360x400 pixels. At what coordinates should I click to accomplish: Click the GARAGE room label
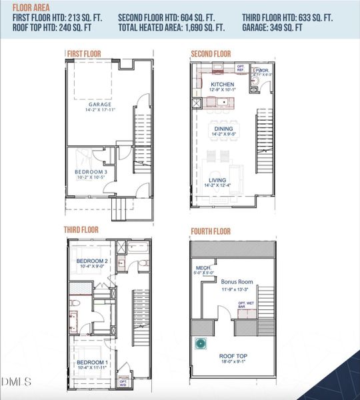pyautogui.click(x=99, y=105)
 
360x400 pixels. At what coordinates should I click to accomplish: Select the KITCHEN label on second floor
pyautogui.click(x=223, y=85)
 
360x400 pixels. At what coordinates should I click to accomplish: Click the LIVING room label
pyautogui.click(x=218, y=180)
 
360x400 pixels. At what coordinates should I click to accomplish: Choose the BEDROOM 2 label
pyautogui.click(x=92, y=261)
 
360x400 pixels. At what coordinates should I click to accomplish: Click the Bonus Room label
pyautogui.click(x=234, y=282)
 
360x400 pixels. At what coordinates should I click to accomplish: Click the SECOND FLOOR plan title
pyautogui.click(x=211, y=53)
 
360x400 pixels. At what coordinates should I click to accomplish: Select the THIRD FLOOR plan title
pyautogui.click(x=81, y=230)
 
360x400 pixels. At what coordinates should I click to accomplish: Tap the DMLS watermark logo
pyautogui.click(x=17, y=381)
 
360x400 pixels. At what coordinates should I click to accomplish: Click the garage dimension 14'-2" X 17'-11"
pyautogui.click(x=99, y=111)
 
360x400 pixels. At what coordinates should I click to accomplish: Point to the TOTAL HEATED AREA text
pyautogui.click(x=171, y=28)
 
